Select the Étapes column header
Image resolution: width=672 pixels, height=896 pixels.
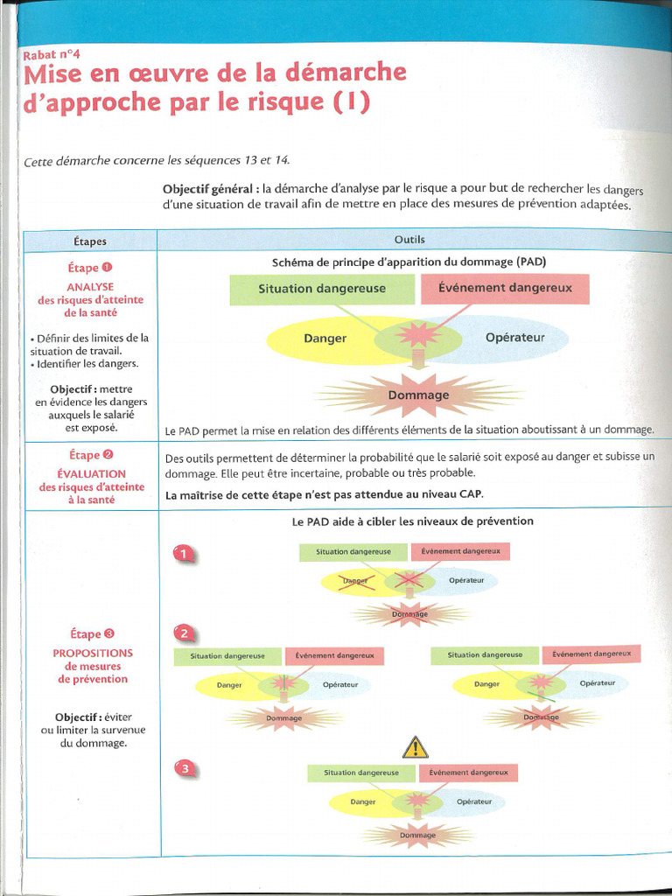pyautogui.click(x=89, y=241)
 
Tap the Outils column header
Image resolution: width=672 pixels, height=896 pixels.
pyautogui.click(x=409, y=239)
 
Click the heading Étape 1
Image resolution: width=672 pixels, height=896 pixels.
pyautogui.click(x=90, y=268)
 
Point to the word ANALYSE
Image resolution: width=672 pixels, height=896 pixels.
pyautogui.click(x=90, y=286)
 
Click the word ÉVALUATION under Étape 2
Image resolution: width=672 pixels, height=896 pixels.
pyautogui.click(x=91, y=473)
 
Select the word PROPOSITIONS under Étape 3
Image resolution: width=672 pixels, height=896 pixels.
pyautogui.click(x=93, y=653)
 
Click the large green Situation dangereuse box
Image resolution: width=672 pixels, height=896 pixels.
pyautogui.click(x=322, y=289)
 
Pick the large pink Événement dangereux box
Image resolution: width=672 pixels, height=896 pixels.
pyautogui.click(x=505, y=288)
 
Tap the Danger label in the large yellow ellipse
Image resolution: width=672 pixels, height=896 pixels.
pyautogui.click(x=325, y=339)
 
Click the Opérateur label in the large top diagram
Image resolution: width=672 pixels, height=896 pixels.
pyautogui.click(x=514, y=338)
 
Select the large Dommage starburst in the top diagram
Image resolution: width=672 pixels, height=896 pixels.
pyautogui.click(x=418, y=395)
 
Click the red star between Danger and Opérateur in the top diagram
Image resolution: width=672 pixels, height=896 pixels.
pyautogui.click(x=415, y=336)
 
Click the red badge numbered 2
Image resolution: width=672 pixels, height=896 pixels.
pyautogui.click(x=185, y=633)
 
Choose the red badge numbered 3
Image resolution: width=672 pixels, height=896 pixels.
pyautogui.click(x=185, y=769)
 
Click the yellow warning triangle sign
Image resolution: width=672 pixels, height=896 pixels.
pyautogui.click(x=415, y=746)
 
